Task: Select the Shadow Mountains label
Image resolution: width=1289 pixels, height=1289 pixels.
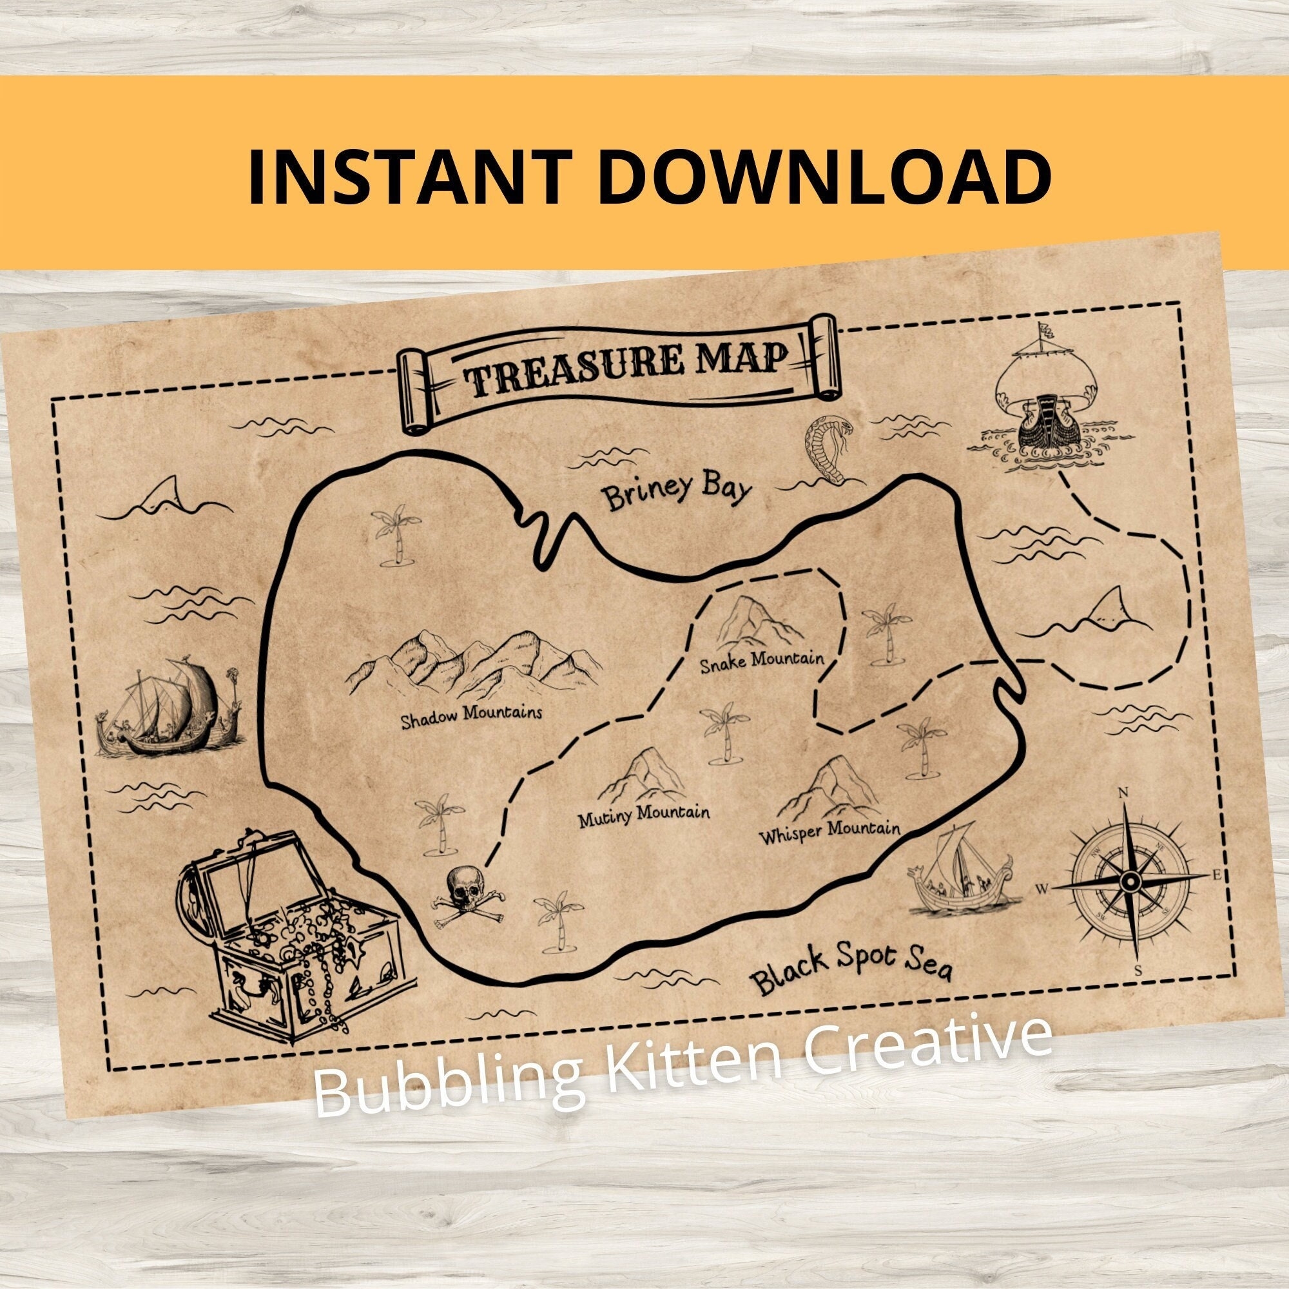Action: pyautogui.click(x=471, y=714)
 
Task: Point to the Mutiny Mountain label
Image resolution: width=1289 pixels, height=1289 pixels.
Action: pyautogui.click(x=643, y=815)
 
